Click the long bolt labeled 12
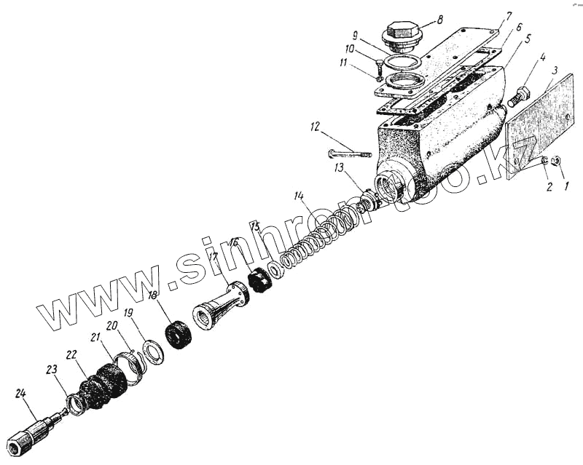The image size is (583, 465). pos(350,154)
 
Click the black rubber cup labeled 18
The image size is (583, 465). pos(178,335)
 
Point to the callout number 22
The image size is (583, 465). pos(71,354)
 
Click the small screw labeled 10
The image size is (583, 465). pos(380,70)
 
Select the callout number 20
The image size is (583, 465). pos(111,327)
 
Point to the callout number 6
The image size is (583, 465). pos(519,25)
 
